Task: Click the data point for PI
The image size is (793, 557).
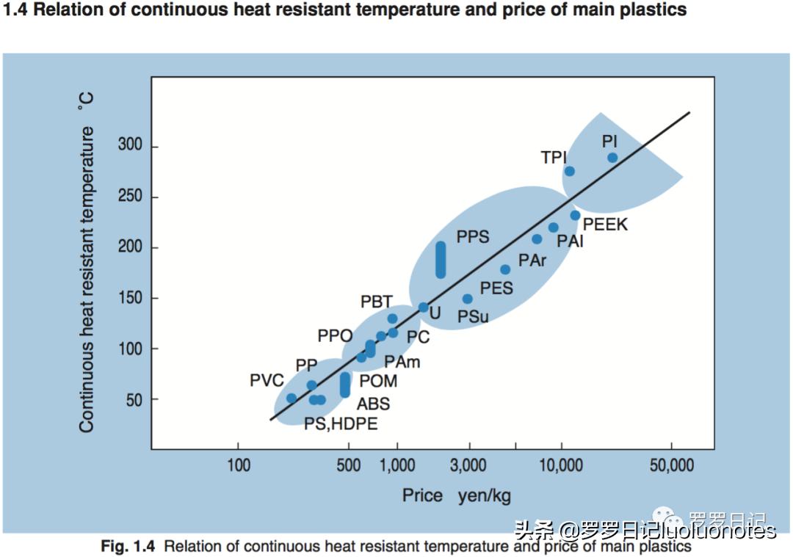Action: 612,158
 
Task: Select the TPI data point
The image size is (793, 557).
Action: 569,171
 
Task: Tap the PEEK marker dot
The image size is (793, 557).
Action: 575,216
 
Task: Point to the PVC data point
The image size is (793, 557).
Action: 292,398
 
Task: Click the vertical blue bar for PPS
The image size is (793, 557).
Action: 441,260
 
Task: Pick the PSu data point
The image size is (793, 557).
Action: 468,299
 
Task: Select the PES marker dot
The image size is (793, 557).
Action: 505,269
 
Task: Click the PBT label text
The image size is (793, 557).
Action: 377,302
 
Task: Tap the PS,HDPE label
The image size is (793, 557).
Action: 341,423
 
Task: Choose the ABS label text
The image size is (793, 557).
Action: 373,404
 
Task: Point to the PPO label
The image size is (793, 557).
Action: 336,336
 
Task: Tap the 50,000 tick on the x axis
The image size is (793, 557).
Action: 672,465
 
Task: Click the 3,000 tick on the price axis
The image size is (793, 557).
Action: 468,465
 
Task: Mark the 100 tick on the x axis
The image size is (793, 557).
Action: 238,465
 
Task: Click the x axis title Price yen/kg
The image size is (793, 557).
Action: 456,495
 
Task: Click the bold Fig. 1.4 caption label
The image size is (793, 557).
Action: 128,547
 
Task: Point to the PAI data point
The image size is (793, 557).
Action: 554,227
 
